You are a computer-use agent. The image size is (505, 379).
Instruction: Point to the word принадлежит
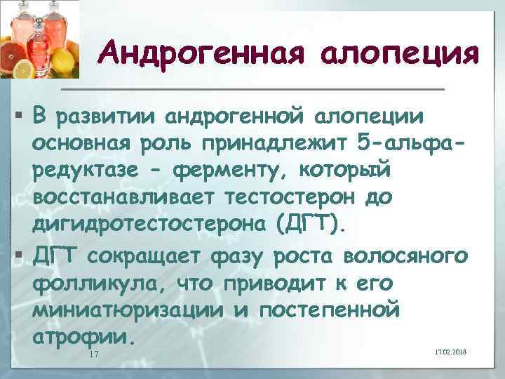[x=274, y=145]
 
